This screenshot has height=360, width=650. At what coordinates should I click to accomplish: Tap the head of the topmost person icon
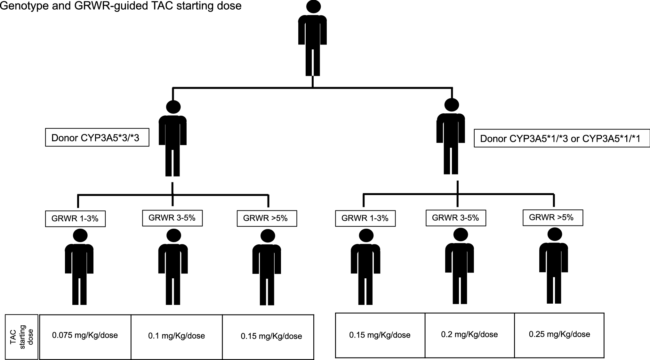pyautogui.click(x=313, y=6)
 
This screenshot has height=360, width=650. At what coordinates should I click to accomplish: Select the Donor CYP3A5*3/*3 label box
pyautogui.click(x=97, y=137)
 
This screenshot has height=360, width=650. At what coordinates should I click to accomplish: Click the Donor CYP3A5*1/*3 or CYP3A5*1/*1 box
pyautogui.click(x=562, y=138)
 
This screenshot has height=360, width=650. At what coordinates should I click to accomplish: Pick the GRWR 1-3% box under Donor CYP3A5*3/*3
pyautogui.click(x=75, y=219)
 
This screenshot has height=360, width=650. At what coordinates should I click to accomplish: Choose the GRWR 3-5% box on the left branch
pyautogui.click(x=172, y=218)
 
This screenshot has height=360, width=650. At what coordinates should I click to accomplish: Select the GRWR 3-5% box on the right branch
pyautogui.click(x=456, y=218)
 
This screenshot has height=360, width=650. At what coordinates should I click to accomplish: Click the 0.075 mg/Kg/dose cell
pyautogui.click(x=85, y=336)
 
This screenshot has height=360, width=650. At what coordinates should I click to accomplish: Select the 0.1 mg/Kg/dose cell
pyautogui.click(x=177, y=336)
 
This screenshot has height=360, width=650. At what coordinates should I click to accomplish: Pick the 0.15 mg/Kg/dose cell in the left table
pyautogui.click(x=268, y=336)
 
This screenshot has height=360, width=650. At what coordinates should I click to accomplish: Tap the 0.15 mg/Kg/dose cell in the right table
pyautogui.click(x=380, y=335)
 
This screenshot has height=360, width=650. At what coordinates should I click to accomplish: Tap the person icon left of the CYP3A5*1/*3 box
pyautogui.click(x=451, y=138)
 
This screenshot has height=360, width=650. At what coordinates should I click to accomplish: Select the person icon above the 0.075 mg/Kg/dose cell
pyautogui.click(x=79, y=266)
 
